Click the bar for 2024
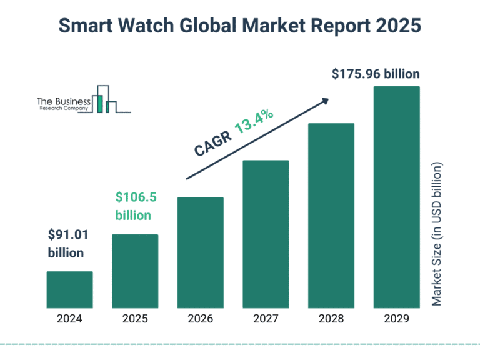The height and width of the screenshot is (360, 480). coord(69,290)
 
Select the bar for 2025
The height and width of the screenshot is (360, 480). coord(135,271)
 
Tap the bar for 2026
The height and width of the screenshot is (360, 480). coord(201,252)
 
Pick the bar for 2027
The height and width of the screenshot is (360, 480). coord(266,234)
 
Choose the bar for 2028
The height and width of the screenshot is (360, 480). coord(331,216)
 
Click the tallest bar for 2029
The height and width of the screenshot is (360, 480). coord(396,197)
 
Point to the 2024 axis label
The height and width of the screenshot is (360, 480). coord(69,319)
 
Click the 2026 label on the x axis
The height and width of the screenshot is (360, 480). coord(201,319)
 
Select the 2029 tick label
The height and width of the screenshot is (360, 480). coord(396,319)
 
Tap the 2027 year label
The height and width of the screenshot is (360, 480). coord(266,319)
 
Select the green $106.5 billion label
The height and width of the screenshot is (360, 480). coord(135,206)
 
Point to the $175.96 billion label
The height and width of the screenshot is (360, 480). coord(375,74)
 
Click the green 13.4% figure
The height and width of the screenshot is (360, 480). coord(254,122)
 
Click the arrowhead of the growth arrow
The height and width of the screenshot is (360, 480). coord(324,100)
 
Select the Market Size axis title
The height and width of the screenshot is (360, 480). coord(437,234)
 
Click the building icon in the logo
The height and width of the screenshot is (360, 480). coord(104,100)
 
